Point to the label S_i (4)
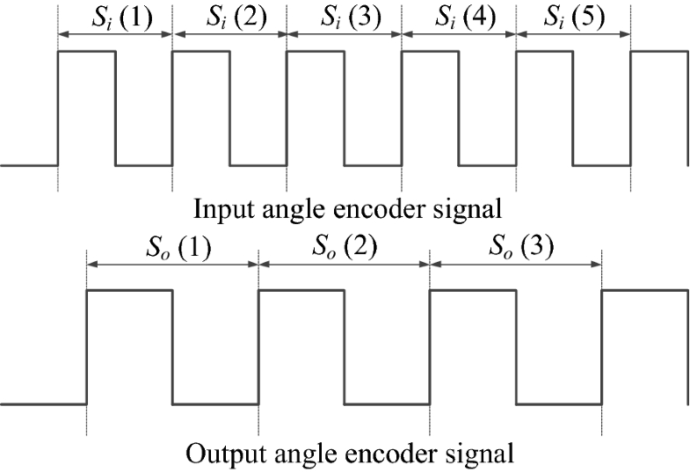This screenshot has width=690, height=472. pyautogui.click(x=458, y=17)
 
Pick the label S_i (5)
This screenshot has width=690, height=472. pyautogui.click(x=573, y=17)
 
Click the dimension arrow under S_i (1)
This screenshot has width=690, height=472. pyautogui.click(x=115, y=35)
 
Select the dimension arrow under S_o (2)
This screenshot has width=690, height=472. pyautogui.click(x=344, y=265)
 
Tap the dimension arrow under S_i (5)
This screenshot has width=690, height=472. pyautogui.click(x=573, y=35)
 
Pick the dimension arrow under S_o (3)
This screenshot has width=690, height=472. pyautogui.click(x=516, y=265)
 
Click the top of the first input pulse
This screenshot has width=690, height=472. pyautogui.click(x=86, y=52)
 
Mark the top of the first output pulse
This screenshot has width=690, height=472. pyautogui.click(x=129, y=289)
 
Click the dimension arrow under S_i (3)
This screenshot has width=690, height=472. pyautogui.click(x=344, y=35)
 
